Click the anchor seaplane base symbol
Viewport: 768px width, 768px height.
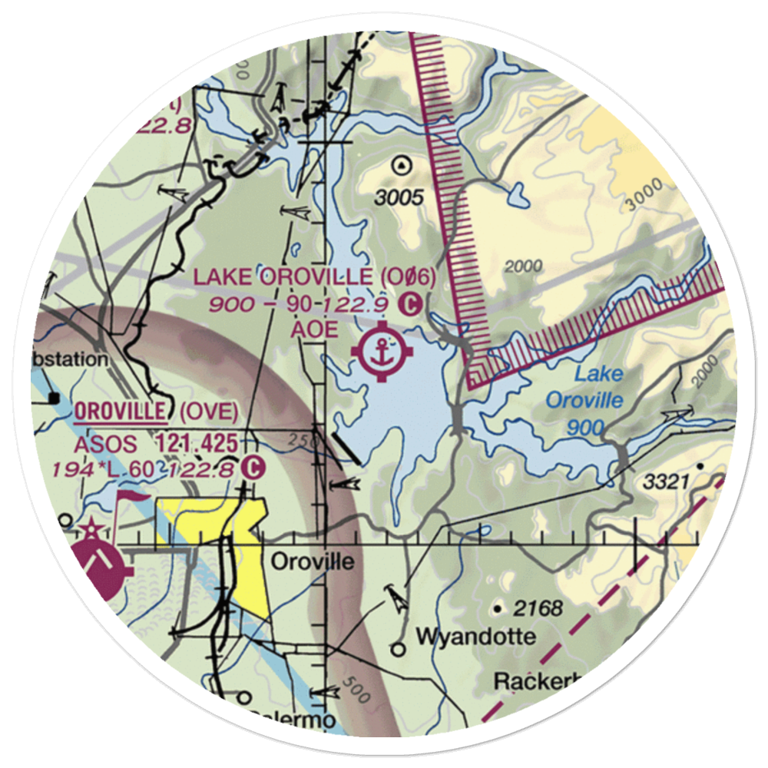(382, 353)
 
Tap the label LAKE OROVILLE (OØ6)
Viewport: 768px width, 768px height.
(314, 277)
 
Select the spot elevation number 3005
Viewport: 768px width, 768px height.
(399, 198)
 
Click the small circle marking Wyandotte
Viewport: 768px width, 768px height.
(398, 650)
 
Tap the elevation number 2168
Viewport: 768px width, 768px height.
(538, 610)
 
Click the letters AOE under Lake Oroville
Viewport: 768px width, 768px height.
(314, 329)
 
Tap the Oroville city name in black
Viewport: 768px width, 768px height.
(313, 562)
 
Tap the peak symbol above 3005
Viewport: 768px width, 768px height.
(399, 164)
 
